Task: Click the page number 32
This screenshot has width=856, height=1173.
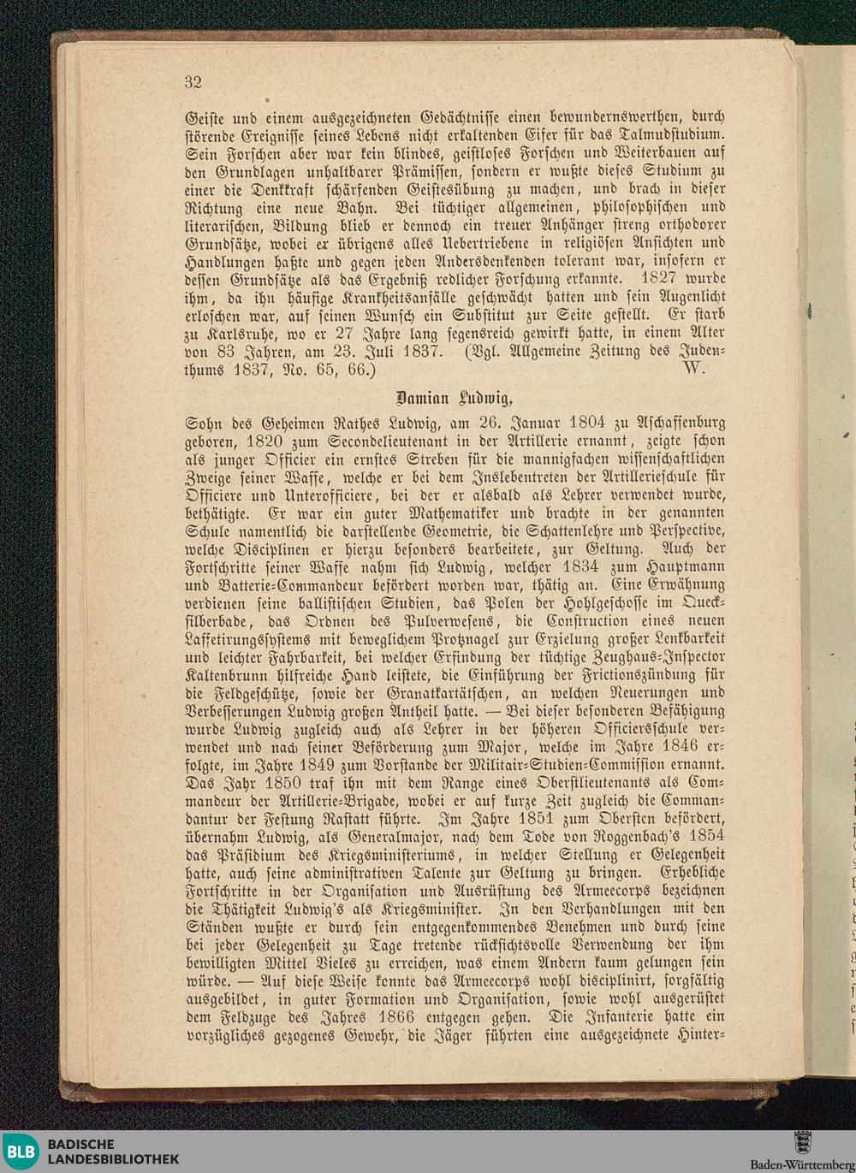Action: pyautogui.click(x=193, y=82)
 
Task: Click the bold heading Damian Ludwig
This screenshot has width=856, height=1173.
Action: pyautogui.click(x=455, y=398)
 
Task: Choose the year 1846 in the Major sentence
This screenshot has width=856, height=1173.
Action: pyautogui.click(x=681, y=747)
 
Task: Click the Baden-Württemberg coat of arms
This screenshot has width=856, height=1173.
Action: pyautogui.click(x=802, y=1142)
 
